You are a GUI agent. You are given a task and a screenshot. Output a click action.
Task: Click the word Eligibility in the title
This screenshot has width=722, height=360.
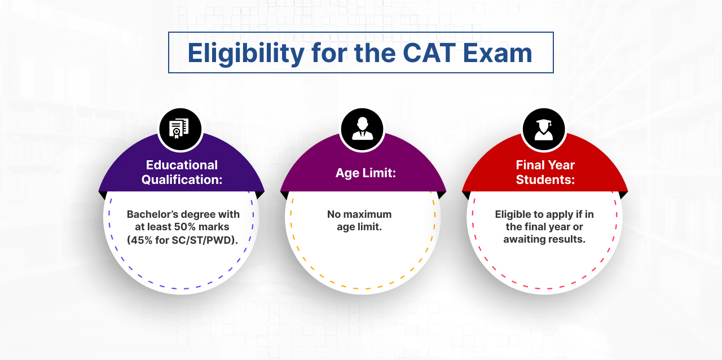[x=246, y=53]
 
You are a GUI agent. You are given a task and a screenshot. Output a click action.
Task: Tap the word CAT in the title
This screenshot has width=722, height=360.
[x=429, y=53]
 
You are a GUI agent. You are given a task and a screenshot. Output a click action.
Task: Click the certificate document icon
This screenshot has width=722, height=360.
[x=180, y=129]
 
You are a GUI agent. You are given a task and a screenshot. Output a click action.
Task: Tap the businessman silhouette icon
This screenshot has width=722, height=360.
[x=362, y=129]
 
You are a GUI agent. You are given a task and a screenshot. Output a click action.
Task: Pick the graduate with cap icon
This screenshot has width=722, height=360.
[x=544, y=129]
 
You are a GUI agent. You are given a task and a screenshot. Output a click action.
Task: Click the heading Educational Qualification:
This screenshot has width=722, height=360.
[x=182, y=172]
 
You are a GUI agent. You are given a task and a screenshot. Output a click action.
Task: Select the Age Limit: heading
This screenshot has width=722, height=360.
[x=366, y=173]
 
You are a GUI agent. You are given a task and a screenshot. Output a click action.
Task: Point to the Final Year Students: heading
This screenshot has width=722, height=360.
[x=545, y=172]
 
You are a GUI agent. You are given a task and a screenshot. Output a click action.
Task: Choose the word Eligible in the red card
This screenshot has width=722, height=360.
[x=514, y=214]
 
